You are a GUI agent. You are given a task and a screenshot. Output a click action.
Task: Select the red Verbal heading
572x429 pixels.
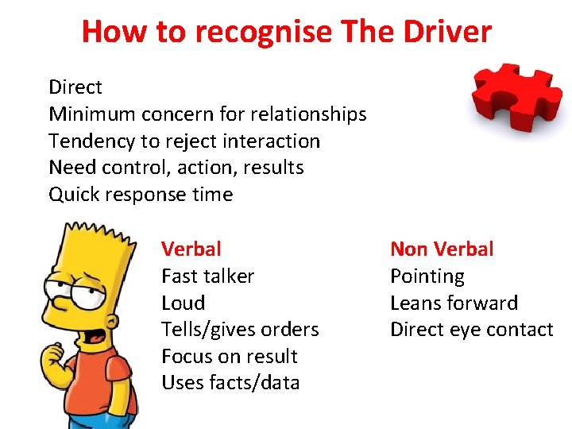pos(191,249)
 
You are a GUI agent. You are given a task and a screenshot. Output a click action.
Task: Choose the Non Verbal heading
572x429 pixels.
pos(442,249)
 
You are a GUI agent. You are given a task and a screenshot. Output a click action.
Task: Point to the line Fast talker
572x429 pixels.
pos(207,276)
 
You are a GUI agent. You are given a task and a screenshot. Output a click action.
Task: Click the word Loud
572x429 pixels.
pos(183,303)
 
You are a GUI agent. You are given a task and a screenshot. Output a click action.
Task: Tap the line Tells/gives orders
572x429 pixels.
pos(240,330)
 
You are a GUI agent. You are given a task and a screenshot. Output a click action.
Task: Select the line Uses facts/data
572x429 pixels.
pos(230,383)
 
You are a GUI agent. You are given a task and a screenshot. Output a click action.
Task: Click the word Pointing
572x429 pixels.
pos(427,276)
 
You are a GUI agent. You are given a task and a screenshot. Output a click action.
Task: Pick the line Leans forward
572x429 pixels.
pos(454,303)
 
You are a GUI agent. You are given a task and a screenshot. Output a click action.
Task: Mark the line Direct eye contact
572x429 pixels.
pos(471,330)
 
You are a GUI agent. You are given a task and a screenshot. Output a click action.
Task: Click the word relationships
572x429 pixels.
pos(313,114)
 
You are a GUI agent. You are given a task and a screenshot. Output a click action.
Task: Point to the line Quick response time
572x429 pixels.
pos(141,195)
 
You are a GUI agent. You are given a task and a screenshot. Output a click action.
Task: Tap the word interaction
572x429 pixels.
pos(272,141)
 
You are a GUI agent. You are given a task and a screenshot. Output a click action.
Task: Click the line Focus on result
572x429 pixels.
pos(229,356)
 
